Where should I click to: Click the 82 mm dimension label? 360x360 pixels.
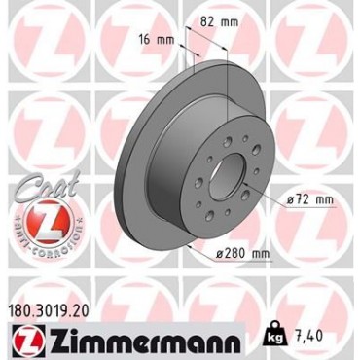click(219, 21)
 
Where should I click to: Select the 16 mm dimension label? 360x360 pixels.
click(157, 40)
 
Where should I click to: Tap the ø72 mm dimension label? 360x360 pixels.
click(310, 200)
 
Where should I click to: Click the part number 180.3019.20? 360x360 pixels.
click(48, 311)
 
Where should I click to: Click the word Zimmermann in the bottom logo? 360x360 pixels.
click(145, 341)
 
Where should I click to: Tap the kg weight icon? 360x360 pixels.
click(275, 335)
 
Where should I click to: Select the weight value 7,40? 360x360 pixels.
click(309, 336)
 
